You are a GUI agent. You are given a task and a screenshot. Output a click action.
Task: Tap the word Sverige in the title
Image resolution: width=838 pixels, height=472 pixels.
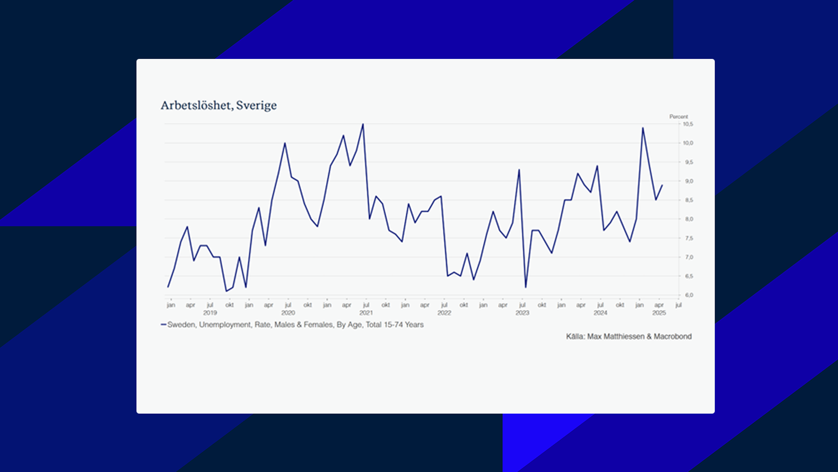pyautogui.click(x=256, y=106)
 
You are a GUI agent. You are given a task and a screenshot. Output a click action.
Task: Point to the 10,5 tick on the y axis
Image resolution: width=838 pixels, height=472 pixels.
pyautogui.click(x=688, y=124)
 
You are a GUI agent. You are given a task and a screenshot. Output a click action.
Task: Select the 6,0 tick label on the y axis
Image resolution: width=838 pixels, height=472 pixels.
pyautogui.click(x=688, y=295)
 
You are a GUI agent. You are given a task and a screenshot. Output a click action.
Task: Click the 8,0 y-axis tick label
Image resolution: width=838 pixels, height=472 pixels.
pyautogui.click(x=688, y=219)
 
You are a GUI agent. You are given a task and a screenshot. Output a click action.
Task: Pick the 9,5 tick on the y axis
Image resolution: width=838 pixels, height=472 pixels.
pyautogui.click(x=688, y=162)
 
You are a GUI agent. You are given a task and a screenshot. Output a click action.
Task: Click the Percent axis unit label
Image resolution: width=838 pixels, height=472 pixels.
pyautogui.click(x=678, y=117)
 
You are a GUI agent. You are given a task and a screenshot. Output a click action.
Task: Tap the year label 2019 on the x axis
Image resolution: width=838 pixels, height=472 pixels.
pyautogui.click(x=210, y=313)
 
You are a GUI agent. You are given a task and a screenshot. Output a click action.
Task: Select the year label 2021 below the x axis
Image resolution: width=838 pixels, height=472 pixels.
pyautogui.click(x=366, y=313)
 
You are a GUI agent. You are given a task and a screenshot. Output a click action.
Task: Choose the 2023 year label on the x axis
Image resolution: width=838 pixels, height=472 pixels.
pyautogui.click(x=522, y=313)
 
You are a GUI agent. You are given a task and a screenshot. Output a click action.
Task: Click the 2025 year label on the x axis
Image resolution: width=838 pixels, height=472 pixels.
pyautogui.click(x=659, y=313)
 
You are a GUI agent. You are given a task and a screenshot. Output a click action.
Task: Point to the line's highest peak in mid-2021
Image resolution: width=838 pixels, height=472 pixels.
pyautogui.click(x=363, y=124)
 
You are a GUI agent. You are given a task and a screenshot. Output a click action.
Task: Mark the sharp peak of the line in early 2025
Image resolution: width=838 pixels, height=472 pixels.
pyautogui.click(x=643, y=128)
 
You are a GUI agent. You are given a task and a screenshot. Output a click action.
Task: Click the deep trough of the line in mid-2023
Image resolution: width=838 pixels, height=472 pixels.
pyautogui.click(x=526, y=287)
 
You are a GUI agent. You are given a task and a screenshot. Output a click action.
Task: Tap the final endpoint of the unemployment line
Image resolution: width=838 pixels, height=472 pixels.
pyautogui.click(x=662, y=185)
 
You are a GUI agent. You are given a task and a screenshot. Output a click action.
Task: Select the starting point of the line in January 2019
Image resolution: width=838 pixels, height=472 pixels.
pyautogui.click(x=168, y=287)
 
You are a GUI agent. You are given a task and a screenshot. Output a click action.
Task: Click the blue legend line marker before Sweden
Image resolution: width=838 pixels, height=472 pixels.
pyautogui.click(x=163, y=325)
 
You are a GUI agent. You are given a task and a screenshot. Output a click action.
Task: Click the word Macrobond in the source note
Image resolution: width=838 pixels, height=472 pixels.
pyautogui.click(x=673, y=336)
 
